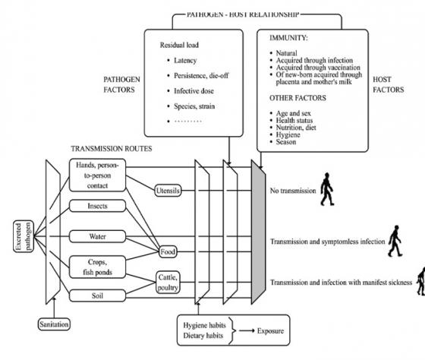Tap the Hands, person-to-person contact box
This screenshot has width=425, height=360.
[x=97, y=175]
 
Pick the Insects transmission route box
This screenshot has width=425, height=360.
[x=96, y=205]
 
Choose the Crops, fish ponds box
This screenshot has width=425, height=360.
[x=97, y=266]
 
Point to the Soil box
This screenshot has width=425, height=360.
[x=96, y=294]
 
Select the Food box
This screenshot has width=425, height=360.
[x=168, y=251]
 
